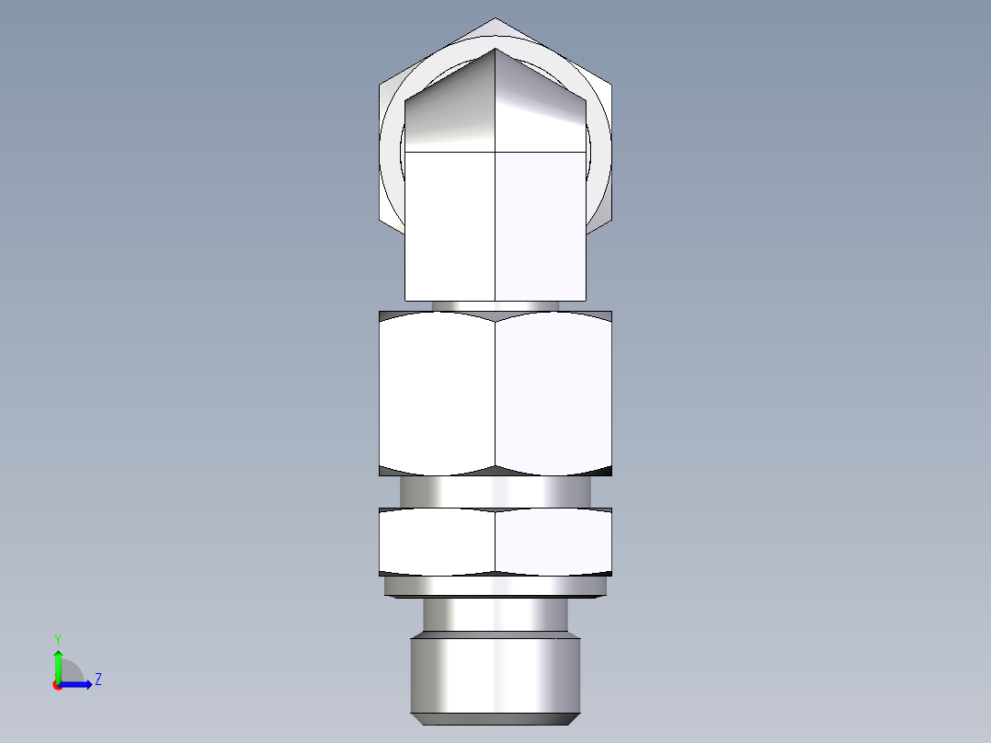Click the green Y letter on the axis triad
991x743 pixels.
pos(57,637)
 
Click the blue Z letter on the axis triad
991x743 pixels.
pos(97,680)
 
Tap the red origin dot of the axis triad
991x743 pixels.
pos(57,685)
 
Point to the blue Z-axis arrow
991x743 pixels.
pos(78,684)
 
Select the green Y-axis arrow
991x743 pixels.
pos(57,662)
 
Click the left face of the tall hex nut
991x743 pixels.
pos(437,394)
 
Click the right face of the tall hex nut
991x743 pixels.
pos(553,394)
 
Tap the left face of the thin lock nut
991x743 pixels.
pos(437,542)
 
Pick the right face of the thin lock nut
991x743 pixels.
pos(553,542)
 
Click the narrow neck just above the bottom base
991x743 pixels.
pos(495,613)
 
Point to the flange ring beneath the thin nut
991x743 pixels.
pos(495,586)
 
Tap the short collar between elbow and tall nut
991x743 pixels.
pos(495,305)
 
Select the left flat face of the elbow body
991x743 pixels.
pos(450,225)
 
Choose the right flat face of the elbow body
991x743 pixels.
pos(541,225)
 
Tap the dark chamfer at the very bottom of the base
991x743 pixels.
pos(495,718)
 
